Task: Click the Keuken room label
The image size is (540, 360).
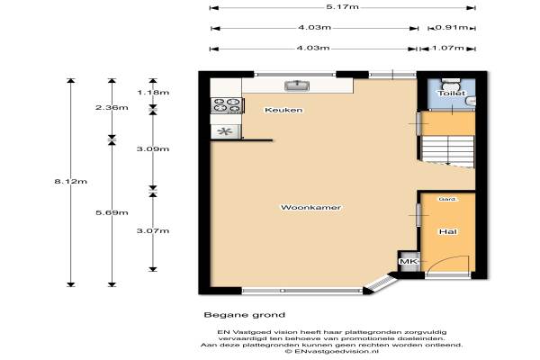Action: pos(283,110)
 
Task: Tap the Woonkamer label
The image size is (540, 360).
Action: pos(311,207)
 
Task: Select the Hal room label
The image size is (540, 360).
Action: pos(447,231)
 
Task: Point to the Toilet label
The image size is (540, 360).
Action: pos(452,93)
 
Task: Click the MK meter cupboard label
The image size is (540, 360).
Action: pos(409,262)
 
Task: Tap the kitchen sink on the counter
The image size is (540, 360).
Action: pos(297,85)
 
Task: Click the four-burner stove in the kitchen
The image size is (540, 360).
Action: pos(228,105)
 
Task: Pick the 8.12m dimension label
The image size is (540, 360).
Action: pos(70,181)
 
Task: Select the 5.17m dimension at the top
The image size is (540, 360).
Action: pos(342,7)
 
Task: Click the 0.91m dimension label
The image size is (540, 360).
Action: pos(452,27)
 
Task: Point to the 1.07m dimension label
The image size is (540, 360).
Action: pos(447,48)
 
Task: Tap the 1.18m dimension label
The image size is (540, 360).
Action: pos(153,93)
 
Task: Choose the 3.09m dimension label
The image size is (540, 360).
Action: pos(153,148)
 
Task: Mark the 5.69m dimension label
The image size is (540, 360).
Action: pos(112,212)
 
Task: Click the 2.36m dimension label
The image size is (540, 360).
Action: pos(112,107)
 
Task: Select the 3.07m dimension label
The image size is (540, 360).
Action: pos(153,230)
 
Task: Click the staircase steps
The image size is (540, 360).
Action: pos(447,150)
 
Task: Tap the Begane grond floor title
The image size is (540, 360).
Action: pos(245,314)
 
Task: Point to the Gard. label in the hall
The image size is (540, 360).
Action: pos(447,199)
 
